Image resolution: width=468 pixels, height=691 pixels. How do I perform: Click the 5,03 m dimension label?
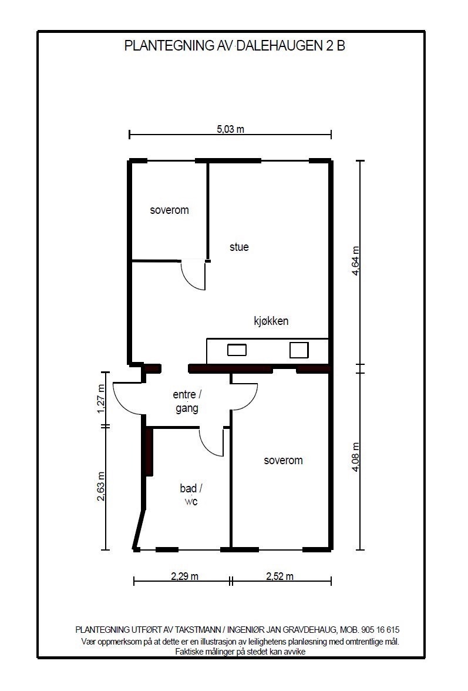[230, 129]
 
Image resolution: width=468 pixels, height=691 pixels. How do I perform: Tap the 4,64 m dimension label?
[355, 261]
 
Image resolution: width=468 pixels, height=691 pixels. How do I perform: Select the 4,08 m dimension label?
[355, 457]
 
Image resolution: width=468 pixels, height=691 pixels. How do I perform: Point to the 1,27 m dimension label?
[101, 400]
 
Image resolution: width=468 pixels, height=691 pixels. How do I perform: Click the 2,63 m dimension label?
[101, 487]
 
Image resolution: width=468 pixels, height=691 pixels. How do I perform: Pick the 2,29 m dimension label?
[184, 576]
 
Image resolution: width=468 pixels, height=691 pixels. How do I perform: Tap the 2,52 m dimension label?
[280, 576]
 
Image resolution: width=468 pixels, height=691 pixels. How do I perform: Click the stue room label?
[239, 247]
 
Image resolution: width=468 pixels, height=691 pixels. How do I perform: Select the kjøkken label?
[271, 321]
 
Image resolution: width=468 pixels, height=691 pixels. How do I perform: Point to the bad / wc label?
[191, 495]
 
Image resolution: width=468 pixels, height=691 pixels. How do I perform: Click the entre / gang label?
[187, 401]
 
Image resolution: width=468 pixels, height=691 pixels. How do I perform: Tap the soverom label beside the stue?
[170, 210]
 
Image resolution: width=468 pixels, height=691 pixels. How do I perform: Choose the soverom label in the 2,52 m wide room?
[283, 461]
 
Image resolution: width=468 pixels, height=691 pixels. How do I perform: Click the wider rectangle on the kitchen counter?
[237, 350]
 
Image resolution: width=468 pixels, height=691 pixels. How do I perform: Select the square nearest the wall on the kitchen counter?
[299, 350]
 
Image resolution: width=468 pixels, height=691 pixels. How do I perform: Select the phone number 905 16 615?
[382, 630]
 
